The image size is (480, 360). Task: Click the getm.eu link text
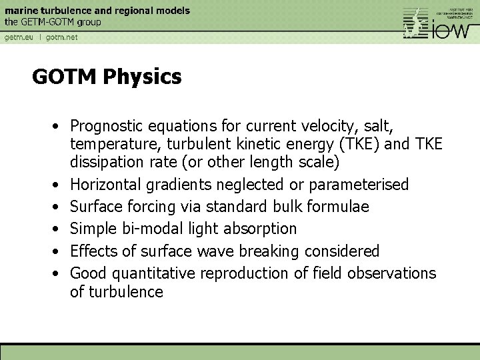[x=19, y=37]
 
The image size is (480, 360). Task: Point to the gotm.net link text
[x=61, y=37]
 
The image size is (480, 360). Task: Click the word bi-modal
[x=149, y=229]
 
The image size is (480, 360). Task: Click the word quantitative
[x=155, y=273]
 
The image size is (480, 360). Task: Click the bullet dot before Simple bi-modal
[x=60, y=229]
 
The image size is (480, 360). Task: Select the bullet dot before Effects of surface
[x=60, y=251]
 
